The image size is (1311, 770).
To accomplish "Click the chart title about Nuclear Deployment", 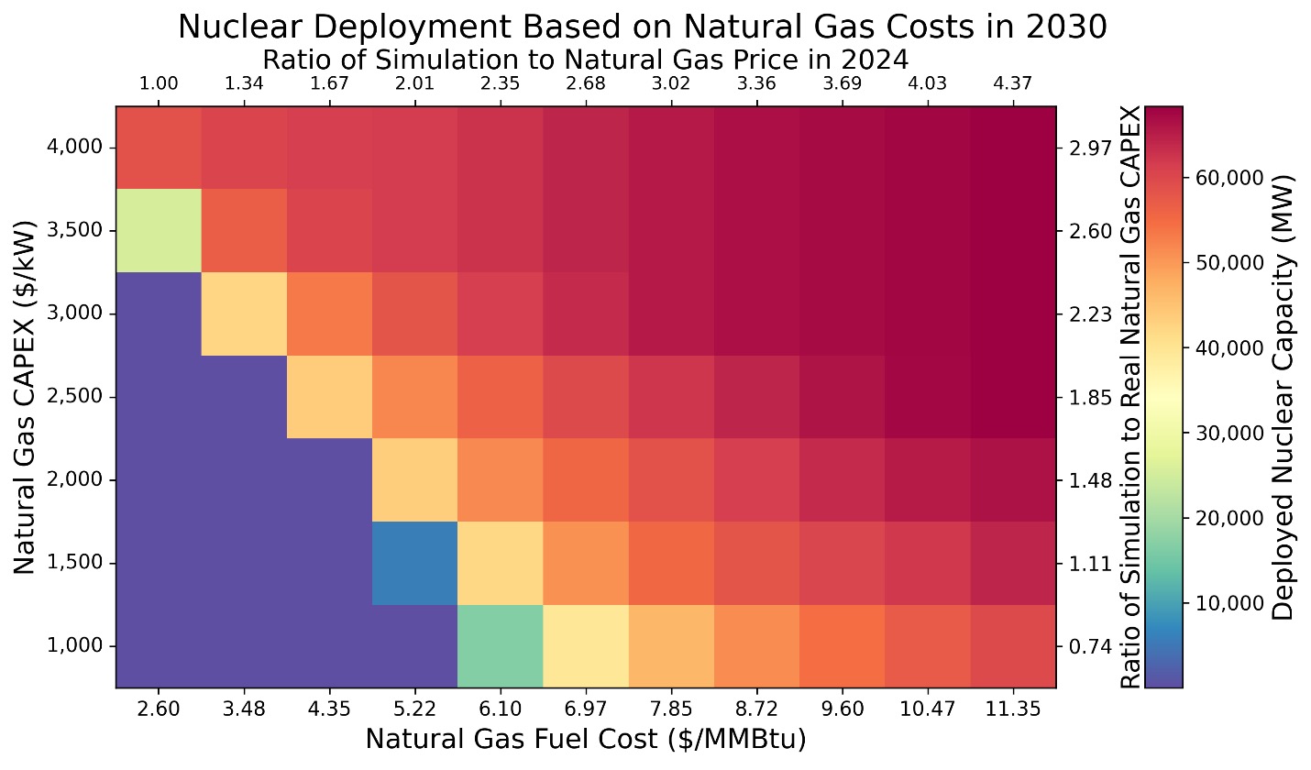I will click(642, 27).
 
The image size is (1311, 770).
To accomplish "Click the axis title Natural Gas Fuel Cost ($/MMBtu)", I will click(586, 739).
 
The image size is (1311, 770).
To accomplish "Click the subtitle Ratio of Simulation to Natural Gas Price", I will click(586, 60).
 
